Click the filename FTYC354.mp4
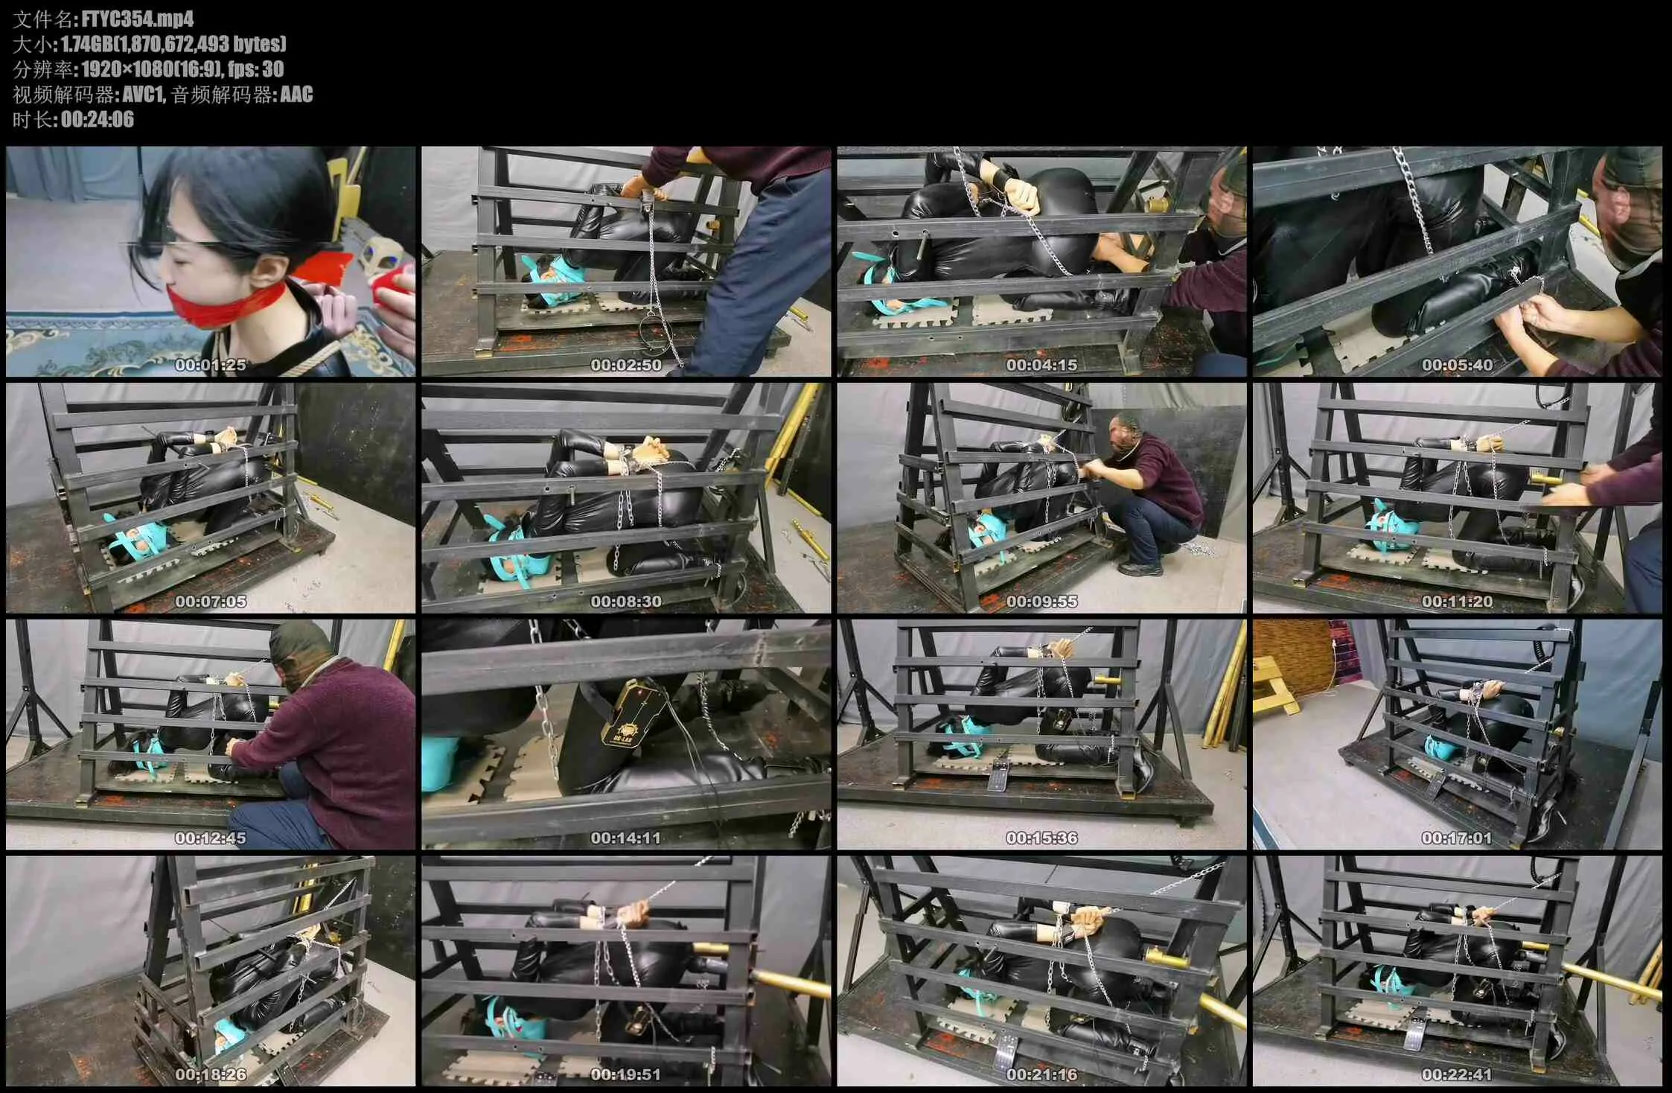137,19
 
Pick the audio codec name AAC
296,95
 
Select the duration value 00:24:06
98,120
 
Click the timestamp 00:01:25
211,365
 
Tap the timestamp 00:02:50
626,365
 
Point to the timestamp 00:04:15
1041,365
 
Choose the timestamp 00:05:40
1457,365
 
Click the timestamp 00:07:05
211,602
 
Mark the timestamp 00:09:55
1041,602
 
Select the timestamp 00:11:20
1457,602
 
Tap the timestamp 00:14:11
626,838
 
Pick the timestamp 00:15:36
1041,838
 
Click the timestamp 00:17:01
1457,838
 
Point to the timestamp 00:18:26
211,1075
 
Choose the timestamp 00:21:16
1041,1075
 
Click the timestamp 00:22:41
1457,1075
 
